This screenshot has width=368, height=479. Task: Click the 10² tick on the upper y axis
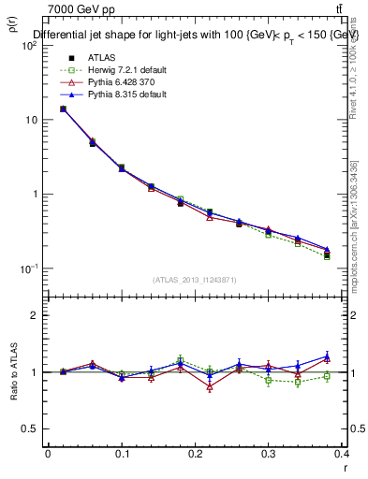pos(30,46)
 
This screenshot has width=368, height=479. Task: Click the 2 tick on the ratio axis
pos(33,315)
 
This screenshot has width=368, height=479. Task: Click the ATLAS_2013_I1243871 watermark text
pos(194,280)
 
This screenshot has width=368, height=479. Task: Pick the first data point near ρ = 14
pos(63,109)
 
